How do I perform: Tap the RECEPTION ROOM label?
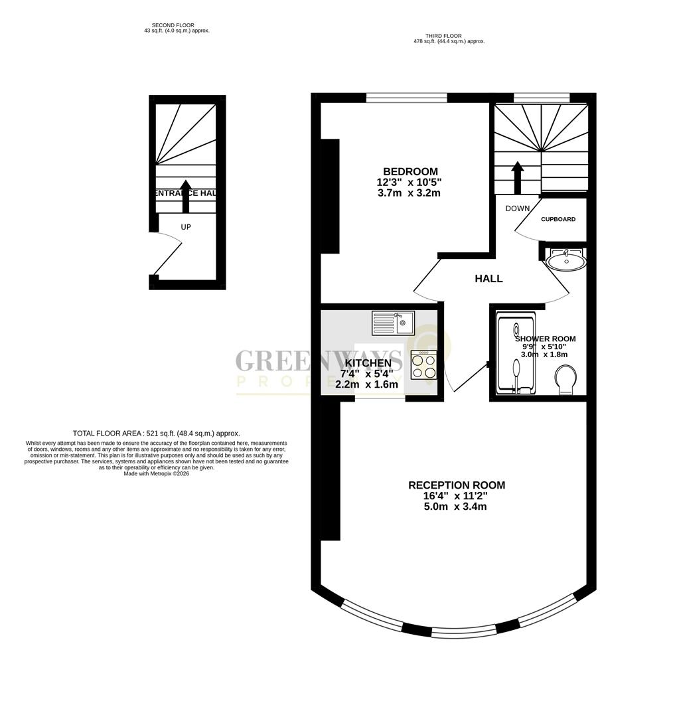(456, 485)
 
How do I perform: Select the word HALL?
(488, 279)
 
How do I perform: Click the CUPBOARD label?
(558, 219)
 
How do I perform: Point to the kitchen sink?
(393, 323)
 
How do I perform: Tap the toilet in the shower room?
(566, 382)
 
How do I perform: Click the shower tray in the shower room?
(516, 355)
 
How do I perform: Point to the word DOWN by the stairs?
(517, 208)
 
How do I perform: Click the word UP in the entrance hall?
(186, 227)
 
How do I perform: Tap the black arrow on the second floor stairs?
(186, 196)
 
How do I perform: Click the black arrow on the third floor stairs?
(517, 176)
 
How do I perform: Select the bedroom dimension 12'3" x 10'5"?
(409, 182)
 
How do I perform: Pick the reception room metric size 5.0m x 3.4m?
(456, 507)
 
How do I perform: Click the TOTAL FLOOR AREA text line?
(157, 433)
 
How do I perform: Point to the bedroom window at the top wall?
(406, 98)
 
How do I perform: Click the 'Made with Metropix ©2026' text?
(157, 473)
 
